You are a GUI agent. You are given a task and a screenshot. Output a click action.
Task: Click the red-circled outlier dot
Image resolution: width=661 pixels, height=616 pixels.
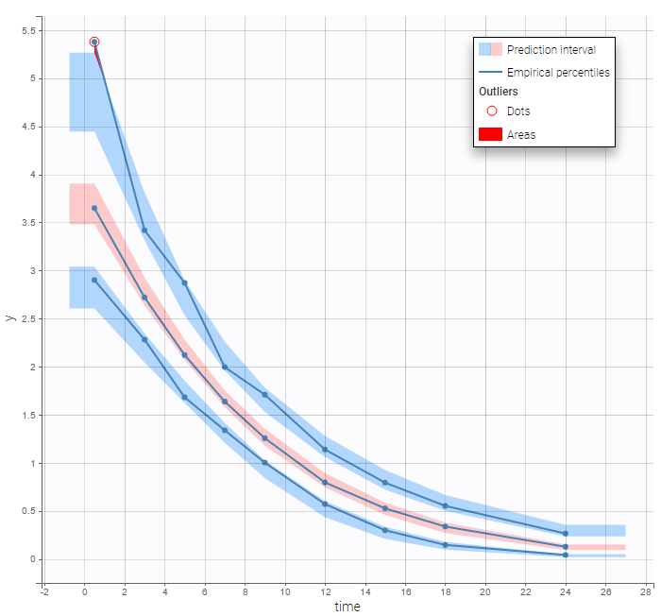(x=94, y=42)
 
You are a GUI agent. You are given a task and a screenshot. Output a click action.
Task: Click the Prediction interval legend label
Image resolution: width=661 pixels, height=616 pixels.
(x=551, y=50)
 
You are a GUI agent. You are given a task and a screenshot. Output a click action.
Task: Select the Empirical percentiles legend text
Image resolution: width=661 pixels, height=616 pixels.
(x=558, y=72)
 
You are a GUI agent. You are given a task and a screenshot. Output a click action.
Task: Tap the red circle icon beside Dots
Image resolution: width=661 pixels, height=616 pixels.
(x=491, y=111)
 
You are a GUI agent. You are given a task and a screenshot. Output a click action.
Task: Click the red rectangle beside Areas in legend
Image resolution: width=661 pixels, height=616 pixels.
(x=490, y=135)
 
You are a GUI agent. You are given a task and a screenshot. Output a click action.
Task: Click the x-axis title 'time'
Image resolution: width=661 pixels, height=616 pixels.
(x=347, y=607)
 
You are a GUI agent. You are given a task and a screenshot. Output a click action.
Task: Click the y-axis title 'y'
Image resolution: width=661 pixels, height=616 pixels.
(x=10, y=317)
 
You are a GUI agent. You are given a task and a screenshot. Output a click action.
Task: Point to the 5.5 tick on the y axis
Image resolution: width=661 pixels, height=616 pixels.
(x=28, y=31)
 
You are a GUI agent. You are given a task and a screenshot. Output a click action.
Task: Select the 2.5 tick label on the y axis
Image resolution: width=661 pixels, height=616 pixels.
(x=28, y=319)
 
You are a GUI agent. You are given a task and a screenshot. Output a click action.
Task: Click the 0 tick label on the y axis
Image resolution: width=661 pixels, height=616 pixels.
(x=33, y=559)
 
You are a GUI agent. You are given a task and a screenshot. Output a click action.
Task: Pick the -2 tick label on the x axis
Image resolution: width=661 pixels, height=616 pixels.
(x=43, y=592)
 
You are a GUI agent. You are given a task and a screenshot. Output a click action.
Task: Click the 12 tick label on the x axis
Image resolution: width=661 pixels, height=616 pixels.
(x=325, y=592)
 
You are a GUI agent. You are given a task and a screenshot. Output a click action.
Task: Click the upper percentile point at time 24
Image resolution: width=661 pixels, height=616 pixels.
(x=566, y=534)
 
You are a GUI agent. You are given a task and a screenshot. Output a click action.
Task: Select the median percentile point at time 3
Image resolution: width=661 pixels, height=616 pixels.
(x=144, y=298)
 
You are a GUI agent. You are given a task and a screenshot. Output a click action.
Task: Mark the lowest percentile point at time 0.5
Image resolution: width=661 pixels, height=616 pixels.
(x=94, y=280)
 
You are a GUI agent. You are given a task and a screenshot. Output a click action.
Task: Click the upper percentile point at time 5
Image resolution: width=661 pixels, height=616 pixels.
(x=184, y=282)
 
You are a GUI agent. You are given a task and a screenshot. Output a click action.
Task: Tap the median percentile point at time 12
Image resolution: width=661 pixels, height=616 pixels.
(x=325, y=483)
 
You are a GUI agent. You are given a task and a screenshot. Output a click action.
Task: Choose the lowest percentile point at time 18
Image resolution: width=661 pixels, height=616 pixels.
(x=445, y=545)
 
